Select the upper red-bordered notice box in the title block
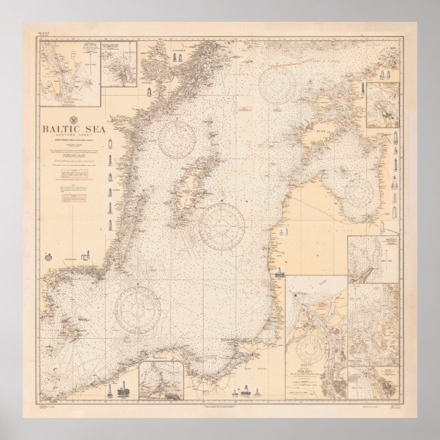(x=79, y=174)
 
